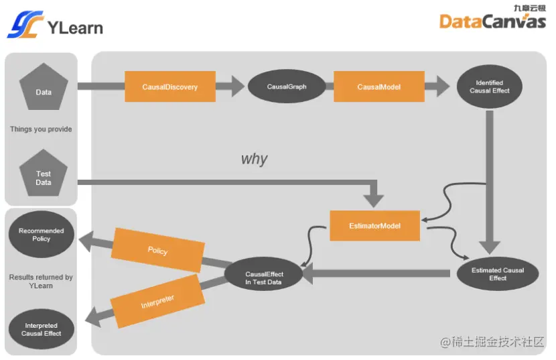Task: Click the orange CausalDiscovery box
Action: (170, 86)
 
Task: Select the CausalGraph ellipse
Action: (287, 86)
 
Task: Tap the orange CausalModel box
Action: (378, 86)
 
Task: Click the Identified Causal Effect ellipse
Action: (490, 86)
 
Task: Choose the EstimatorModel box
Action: (374, 226)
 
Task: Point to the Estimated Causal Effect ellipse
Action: (498, 274)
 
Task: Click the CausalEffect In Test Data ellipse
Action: (264, 278)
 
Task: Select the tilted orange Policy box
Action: (158, 250)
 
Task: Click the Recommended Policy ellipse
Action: (42, 235)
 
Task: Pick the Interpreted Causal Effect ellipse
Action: (42, 329)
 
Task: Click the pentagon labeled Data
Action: (44, 91)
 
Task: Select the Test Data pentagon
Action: (44, 177)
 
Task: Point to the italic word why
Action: (254, 160)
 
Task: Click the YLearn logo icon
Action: (25, 25)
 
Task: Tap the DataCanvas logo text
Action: (492, 21)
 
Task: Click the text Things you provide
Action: (41, 129)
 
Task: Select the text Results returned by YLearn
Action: (41, 282)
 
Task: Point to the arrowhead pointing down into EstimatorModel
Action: (374, 199)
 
